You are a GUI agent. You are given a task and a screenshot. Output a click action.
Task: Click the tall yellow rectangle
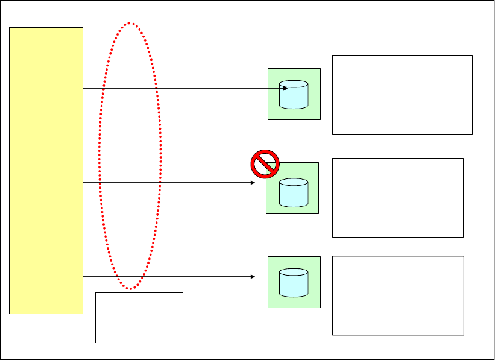tap(46, 170)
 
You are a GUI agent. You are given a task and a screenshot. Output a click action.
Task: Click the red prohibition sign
tap(265, 164)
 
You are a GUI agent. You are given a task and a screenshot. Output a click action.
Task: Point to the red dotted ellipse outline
tap(100, 157)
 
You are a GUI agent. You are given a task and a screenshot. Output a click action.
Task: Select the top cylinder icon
tap(294, 95)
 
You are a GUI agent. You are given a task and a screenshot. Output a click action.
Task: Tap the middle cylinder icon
tap(294, 192)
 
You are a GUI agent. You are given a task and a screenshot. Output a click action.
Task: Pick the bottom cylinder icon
tap(294, 283)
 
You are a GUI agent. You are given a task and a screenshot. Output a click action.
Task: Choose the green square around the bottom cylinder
tap(314, 302)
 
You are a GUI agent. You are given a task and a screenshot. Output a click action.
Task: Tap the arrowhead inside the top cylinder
tap(285, 89)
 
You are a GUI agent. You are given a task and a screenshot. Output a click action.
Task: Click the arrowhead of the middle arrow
tap(253, 182)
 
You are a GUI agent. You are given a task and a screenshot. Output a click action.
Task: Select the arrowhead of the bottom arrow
tap(253, 277)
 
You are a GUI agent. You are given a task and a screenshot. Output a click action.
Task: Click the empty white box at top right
tap(402, 95)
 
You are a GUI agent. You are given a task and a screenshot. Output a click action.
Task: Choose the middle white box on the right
tap(398, 197)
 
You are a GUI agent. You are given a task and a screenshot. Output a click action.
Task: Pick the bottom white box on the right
tap(398, 295)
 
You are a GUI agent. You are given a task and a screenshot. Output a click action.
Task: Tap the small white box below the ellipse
tap(139, 318)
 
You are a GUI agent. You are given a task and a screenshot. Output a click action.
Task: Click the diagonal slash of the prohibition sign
tap(265, 165)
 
